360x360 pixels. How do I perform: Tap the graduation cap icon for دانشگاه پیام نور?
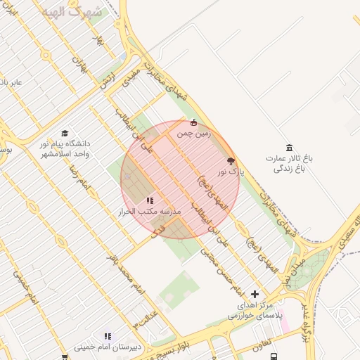(x=65, y=133)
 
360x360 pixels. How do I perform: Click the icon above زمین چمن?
(x=194, y=122)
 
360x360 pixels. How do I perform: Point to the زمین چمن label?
(x=193, y=133)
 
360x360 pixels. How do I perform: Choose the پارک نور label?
(x=230, y=171)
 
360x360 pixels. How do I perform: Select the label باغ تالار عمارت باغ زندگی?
(x=288, y=163)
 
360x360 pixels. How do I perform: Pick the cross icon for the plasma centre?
(x=255, y=294)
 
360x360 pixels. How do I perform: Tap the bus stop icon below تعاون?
(x=273, y=357)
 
